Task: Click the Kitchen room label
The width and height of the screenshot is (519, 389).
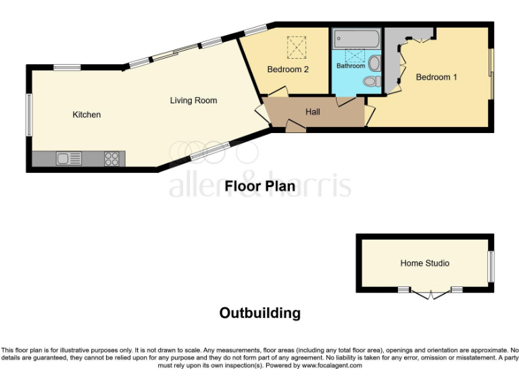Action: [x=86, y=115]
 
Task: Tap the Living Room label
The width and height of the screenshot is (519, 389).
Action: [x=193, y=101]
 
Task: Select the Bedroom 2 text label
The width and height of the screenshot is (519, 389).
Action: [x=288, y=69]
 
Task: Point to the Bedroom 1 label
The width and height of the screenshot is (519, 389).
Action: [x=436, y=77]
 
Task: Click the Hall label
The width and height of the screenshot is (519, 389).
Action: [x=312, y=112]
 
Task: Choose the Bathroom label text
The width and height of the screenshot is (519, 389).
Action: [x=351, y=66]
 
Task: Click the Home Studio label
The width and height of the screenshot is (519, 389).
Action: [x=424, y=263]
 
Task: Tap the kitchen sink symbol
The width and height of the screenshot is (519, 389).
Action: [x=69, y=159]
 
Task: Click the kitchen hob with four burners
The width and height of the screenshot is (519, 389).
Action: [x=112, y=159]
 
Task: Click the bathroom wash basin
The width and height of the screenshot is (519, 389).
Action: [x=374, y=63]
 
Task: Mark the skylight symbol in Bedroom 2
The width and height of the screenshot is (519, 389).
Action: [x=296, y=47]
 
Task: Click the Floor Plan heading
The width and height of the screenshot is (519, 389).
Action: [x=259, y=186]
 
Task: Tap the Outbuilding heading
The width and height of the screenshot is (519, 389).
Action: [x=259, y=313]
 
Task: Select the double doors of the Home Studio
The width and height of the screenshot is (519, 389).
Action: [x=430, y=294]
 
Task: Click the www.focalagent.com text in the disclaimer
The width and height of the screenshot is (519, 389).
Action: [x=332, y=365]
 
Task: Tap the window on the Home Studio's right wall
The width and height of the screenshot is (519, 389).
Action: [x=491, y=266]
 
